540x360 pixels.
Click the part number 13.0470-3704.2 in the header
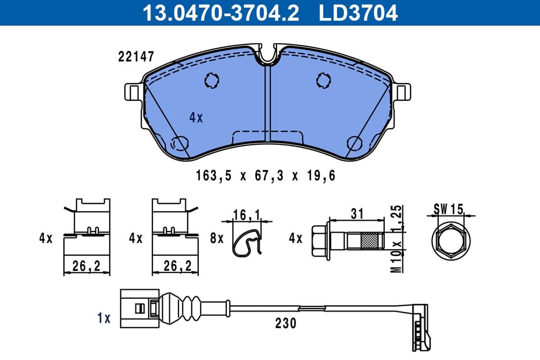tap(220, 12)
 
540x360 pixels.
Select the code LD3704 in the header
tap(358, 12)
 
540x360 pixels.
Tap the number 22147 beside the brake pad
tap(136, 57)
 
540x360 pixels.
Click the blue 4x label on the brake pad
tap(196, 118)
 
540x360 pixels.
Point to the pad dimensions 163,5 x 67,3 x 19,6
tap(265, 176)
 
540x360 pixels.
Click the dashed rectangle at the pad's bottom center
tap(268, 137)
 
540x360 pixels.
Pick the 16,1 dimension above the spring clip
tap(247, 216)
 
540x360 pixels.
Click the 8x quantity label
tap(216, 238)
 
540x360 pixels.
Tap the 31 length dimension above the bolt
tap(357, 213)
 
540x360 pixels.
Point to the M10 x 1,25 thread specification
tap(396, 238)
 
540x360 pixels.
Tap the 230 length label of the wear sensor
tap(286, 323)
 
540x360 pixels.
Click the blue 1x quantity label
tap(104, 318)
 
